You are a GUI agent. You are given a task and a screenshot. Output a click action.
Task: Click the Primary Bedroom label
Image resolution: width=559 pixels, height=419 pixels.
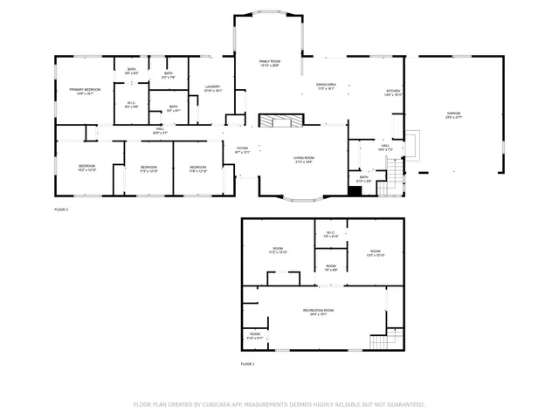click(86, 90)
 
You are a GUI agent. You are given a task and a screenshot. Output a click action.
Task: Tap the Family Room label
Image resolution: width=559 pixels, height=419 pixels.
click(269, 61)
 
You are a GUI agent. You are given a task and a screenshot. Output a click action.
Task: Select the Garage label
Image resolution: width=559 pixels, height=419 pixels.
click(453, 113)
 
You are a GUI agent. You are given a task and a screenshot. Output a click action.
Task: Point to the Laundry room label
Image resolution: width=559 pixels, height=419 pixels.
click(212, 86)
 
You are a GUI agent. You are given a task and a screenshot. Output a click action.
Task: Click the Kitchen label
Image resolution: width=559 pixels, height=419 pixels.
click(394, 90)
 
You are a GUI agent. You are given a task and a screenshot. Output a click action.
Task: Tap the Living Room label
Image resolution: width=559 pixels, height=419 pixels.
click(304, 158)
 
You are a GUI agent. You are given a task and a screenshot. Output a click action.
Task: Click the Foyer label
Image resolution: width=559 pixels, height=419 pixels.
click(243, 148)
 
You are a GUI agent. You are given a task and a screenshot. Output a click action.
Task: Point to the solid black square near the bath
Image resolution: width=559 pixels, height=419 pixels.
click(355, 192)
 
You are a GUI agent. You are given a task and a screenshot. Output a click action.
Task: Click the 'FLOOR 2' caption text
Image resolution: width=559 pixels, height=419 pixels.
click(61, 210)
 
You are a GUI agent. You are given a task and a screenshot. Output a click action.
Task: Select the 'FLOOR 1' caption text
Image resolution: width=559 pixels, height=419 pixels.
click(247, 363)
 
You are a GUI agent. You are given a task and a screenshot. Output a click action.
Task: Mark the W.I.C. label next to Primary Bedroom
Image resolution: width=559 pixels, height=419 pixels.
click(130, 104)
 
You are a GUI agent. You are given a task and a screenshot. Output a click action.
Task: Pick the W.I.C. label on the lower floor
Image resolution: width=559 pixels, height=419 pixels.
click(330, 233)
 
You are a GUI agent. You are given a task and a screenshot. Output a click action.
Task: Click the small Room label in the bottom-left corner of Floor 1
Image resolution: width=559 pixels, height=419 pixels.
click(255, 334)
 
